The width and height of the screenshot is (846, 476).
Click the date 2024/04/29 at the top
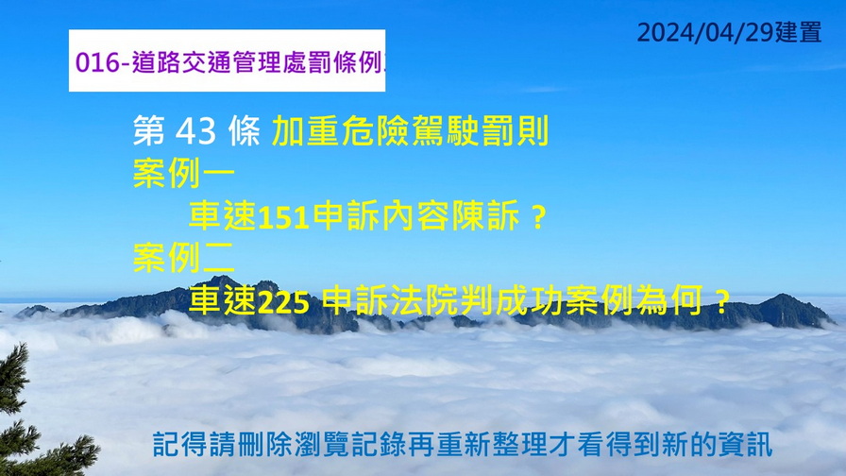tap(705, 32)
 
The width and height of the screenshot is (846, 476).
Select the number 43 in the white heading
tap(195, 131)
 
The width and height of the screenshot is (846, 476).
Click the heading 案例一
tap(184, 173)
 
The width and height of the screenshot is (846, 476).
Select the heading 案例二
tap(184, 258)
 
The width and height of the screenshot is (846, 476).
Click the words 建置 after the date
tap(799, 32)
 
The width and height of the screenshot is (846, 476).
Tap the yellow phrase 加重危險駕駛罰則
tap(411, 130)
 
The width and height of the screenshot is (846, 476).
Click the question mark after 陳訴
tap(537, 217)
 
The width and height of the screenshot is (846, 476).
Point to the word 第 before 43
tap(149, 131)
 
